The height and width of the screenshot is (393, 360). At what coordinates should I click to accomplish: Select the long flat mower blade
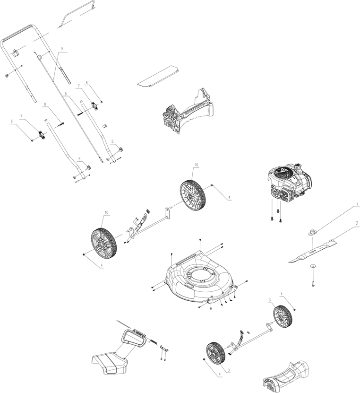pyautogui.click(x=314, y=250)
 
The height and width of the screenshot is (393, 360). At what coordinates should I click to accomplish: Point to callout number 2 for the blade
pyautogui.click(x=357, y=222)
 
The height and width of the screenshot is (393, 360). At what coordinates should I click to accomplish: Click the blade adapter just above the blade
pyautogui.click(x=312, y=232)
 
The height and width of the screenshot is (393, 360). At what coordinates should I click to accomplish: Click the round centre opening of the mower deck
pyautogui.click(x=198, y=274)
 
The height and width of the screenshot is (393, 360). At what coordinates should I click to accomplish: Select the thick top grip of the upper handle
pyautogui.click(x=19, y=33)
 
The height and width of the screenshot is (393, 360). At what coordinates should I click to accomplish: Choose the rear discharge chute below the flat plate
pyautogui.click(x=189, y=111)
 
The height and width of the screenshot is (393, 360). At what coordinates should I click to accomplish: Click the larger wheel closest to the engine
pyautogui.click(x=193, y=194)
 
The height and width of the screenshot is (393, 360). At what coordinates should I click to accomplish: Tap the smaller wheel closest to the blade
pyautogui.click(x=283, y=316)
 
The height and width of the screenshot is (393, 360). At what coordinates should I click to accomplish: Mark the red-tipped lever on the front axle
pyautogui.click(x=241, y=334)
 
